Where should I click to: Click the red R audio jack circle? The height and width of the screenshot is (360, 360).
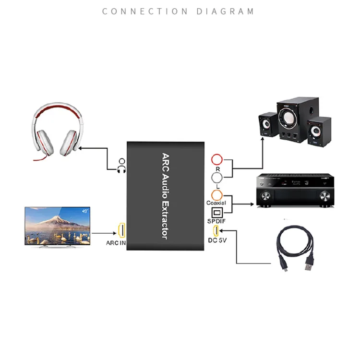(x=217, y=160)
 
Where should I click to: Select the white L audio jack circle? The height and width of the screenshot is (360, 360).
(x=217, y=178)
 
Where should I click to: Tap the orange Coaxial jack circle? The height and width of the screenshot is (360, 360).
(x=217, y=195)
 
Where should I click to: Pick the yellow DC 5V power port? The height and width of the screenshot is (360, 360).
(x=216, y=231)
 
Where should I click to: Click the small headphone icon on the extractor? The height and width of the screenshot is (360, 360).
(x=121, y=166)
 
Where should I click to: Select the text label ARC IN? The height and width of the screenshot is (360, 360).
(x=116, y=243)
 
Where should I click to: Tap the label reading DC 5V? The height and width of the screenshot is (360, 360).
(x=217, y=240)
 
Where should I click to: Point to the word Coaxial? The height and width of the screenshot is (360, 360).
(x=216, y=203)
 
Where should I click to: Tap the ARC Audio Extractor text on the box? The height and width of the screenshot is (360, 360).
(x=164, y=196)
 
